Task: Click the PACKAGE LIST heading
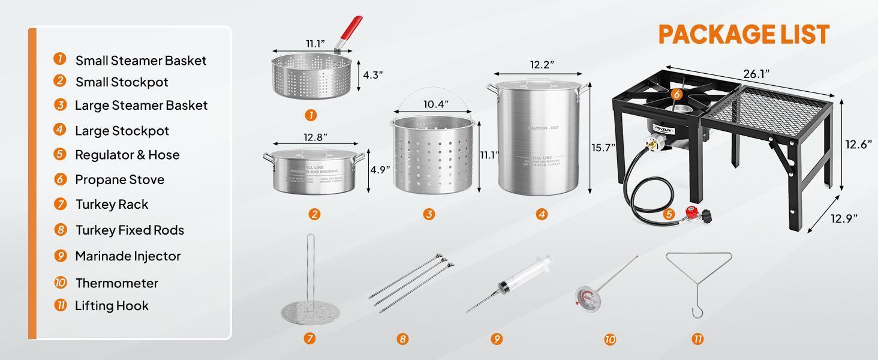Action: (x=744, y=34)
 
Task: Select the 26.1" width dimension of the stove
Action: (x=756, y=74)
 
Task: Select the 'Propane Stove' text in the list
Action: (x=119, y=179)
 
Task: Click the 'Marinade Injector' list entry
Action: (x=128, y=256)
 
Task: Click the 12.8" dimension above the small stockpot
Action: (x=315, y=137)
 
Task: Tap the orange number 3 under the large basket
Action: (x=429, y=214)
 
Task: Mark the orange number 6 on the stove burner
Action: (x=676, y=94)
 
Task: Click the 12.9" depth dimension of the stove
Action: (x=844, y=218)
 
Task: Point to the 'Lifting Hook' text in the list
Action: (x=112, y=306)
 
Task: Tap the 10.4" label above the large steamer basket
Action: (x=436, y=104)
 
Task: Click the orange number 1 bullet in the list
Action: (x=59, y=59)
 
